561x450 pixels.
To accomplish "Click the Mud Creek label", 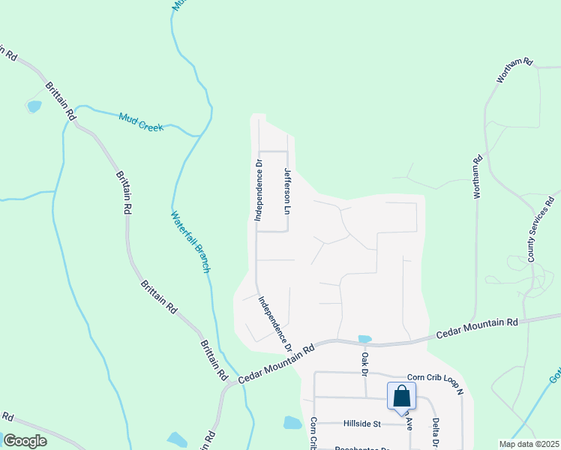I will (x=141, y=121).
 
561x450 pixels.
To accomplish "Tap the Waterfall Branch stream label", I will (x=190, y=241).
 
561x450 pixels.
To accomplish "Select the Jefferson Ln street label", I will (x=287, y=190).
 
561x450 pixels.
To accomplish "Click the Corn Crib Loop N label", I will (x=436, y=382).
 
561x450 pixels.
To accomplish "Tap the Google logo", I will (x=25, y=440).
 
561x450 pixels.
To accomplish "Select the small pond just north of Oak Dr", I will (x=365, y=339).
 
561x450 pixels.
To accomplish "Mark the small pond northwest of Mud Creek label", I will (x=34, y=106).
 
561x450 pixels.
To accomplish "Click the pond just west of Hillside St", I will (x=292, y=423).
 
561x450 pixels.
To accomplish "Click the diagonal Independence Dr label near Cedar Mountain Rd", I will (x=275, y=324).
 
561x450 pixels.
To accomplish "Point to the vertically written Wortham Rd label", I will (x=477, y=177).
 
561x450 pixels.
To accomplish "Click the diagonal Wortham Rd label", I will (x=514, y=70).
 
